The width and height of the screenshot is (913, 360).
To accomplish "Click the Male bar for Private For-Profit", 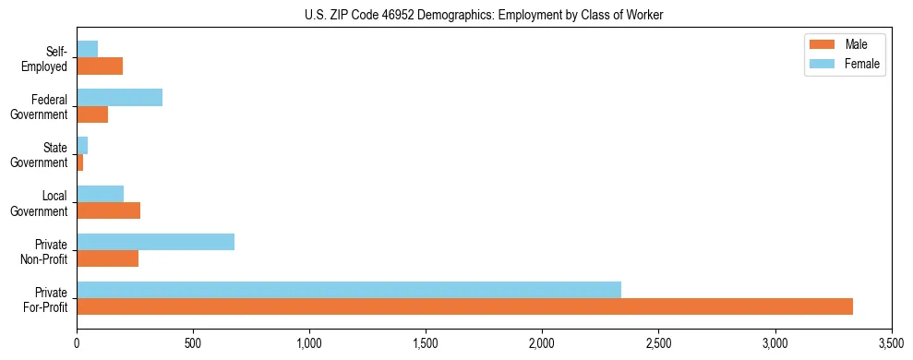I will (464, 306).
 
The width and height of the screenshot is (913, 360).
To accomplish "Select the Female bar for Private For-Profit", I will (349, 290).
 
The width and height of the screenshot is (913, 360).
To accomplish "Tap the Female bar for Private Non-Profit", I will (155, 242).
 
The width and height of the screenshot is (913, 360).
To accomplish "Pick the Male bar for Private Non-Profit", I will (107, 258).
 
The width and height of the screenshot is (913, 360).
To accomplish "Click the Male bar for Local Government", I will (108, 210).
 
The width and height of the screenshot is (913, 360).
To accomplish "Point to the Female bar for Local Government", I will (100, 194).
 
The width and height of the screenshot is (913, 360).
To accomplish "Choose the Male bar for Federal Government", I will (92, 114).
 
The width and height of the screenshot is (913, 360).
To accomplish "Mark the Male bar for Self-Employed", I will (100, 66).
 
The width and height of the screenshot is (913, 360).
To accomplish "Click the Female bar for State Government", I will (82, 146).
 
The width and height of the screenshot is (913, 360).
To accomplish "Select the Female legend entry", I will (847, 64).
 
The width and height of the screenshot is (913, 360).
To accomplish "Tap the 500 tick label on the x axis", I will (193, 343).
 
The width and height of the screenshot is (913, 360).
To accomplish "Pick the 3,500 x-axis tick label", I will (891, 343).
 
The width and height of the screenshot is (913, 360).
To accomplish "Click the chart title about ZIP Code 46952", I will (484, 15).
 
